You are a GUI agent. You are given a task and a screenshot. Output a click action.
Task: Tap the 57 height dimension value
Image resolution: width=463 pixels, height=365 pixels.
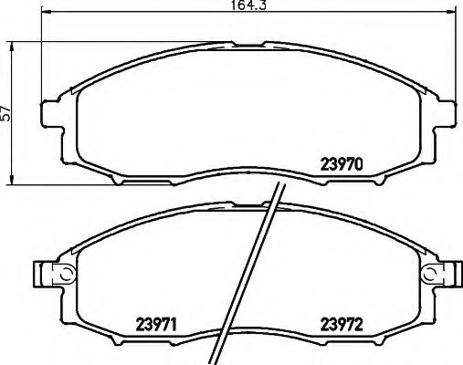7,112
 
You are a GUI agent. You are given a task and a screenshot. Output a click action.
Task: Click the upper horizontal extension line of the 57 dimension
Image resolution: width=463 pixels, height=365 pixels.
27,40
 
